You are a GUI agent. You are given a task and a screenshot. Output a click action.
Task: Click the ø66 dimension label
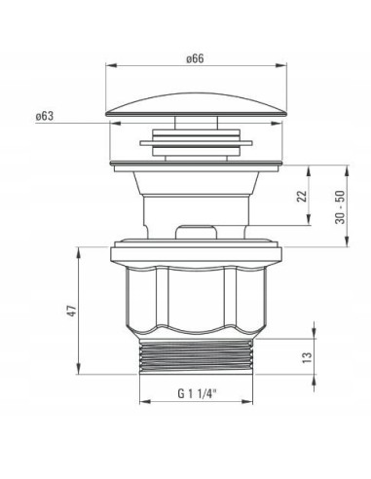click(x=195, y=58)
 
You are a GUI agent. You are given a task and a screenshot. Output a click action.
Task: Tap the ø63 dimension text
click(x=45, y=116)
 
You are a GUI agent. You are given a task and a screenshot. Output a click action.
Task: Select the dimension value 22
click(x=303, y=196)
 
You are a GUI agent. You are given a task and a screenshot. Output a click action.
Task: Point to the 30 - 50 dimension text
click(x=341, y=207)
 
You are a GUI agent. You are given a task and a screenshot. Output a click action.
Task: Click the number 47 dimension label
click(x=72, y=311)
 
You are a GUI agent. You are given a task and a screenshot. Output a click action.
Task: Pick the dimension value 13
click(x=307, y=357)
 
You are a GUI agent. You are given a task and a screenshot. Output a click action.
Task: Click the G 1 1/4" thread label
click(x=197, y=393)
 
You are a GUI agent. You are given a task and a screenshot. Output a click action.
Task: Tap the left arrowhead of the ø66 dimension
click(x=110, y=65)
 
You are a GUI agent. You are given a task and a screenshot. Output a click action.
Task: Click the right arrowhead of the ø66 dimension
click(x=281, y=65)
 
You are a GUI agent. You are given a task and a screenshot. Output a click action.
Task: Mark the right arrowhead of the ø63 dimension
click(x=277, y=124)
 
